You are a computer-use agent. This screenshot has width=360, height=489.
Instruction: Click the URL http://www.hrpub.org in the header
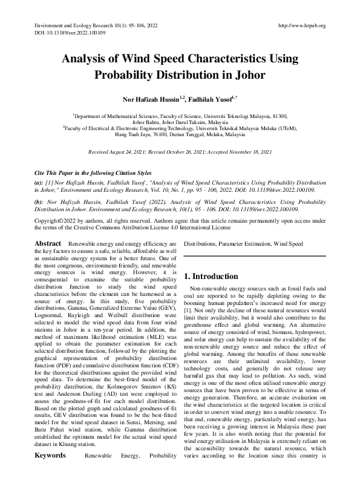tap(301, 25)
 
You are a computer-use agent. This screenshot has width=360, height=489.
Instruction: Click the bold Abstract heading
tap(47, 243)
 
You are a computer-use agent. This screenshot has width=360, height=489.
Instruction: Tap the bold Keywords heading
tap(50, 470)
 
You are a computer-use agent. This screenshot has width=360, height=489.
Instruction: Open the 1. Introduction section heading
tap(218, 276)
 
